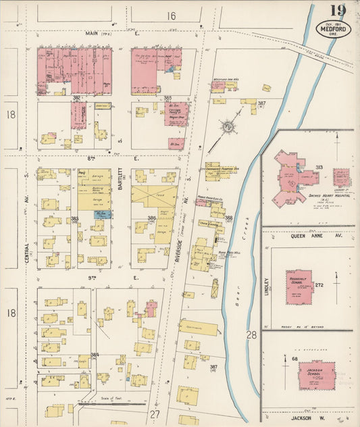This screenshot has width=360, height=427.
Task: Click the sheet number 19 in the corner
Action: pyautogui.click(x=338, y=11)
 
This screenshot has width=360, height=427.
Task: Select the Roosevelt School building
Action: pyautogui.click(x=298, y=286)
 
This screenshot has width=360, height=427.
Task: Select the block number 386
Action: pyautogui.click(x=151, y=218)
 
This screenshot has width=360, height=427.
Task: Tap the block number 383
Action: pyautogui.click(x=75, y=218)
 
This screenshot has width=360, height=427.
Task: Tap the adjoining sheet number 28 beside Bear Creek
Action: pyautogui.click(x=251, y=334)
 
